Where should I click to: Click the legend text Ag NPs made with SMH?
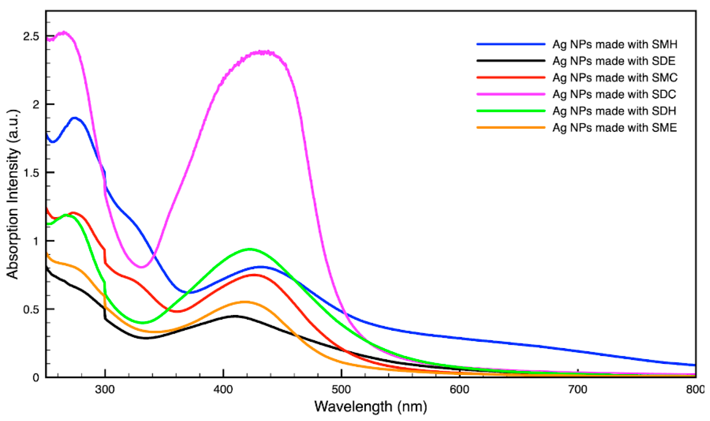coord(615,44)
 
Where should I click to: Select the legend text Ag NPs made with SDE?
coord(614,61)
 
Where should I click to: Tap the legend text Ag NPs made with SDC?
coord(614,94)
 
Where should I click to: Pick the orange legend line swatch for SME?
coord(511,127)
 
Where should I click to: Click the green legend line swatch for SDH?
coord(511,111)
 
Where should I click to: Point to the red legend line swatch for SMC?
coord(511,78)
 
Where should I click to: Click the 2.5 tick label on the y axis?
coord(31,36)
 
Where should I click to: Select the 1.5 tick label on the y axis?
coord(31,173)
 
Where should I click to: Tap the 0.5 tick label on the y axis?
coord(31,309)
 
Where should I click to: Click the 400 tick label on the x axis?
coord(223,390)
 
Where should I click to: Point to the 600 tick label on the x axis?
coord(460,390)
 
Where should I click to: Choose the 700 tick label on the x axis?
coord(578,390)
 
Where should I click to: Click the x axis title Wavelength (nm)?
coord(371,407)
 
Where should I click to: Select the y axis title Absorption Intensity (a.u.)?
coord(12,194)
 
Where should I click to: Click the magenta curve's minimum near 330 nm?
coord(141,267)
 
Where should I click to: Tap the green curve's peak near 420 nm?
coord(250,249)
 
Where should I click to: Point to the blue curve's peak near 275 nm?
coord(75,118)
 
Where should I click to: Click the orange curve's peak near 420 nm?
coord(245,302)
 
